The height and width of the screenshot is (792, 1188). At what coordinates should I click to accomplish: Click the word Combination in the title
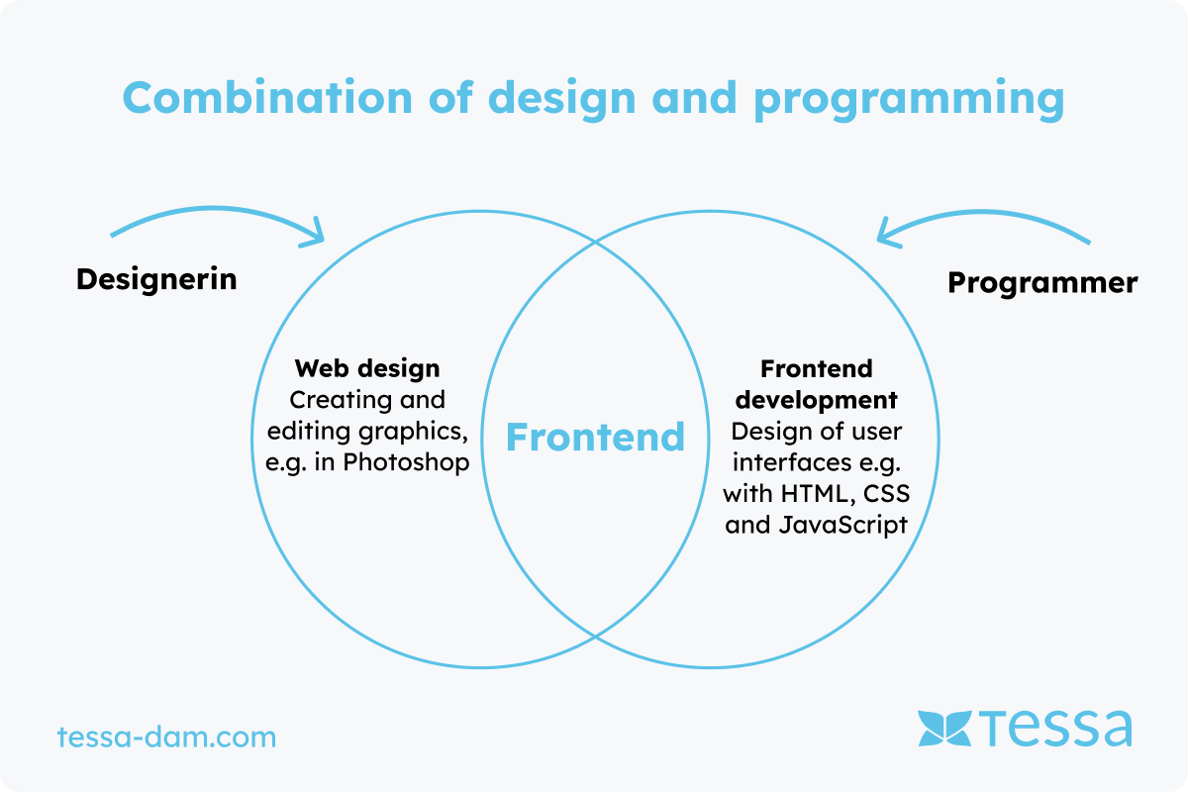coord(267,97)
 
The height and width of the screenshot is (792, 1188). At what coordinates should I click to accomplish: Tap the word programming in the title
coord(909,101)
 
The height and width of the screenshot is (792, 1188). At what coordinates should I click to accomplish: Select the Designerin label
coord(156,279)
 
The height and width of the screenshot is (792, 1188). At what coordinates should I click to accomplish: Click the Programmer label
coord(1042,283)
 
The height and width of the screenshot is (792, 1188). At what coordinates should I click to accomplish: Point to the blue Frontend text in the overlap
coord(596,438)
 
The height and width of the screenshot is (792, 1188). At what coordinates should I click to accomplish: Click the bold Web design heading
coord(367,369)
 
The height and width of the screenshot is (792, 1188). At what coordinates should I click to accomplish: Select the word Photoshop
coord(406,462)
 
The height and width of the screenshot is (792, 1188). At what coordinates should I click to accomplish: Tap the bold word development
coord(816,400)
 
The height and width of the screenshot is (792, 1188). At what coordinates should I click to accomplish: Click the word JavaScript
coord(843,525)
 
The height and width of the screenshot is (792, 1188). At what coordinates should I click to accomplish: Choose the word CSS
coord(887,494)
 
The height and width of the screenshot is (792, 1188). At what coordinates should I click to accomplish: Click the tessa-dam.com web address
coord(166,737)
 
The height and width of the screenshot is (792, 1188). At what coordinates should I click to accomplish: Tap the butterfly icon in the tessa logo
coord(944,728)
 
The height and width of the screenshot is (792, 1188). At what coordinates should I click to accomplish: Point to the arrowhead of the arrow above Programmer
coord(886,235)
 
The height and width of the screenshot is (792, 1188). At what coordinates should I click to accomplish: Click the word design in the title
coord(561,101)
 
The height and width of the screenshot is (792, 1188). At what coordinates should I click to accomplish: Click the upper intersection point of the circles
coord(595,242)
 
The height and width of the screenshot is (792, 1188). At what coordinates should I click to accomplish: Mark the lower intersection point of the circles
coord(595,636)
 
